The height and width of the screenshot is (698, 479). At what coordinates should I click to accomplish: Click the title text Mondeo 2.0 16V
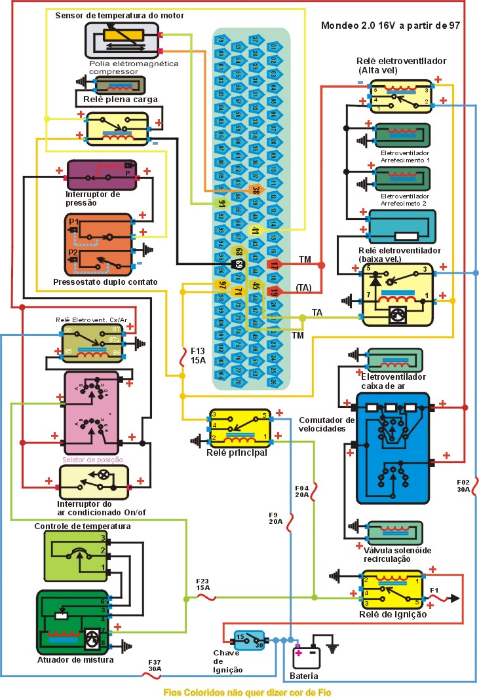[x=391, y=26]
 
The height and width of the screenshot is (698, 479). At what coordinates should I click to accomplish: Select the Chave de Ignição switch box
[x=248, y=640]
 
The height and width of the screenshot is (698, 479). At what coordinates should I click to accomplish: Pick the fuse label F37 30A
[x=155, y=665]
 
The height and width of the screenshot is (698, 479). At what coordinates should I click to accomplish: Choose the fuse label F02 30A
[x=464, y=486]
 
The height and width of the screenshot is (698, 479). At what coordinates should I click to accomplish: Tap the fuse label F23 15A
[x=203, y=584]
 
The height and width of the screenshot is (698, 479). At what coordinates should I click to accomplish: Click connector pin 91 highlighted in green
[x=221, y=203]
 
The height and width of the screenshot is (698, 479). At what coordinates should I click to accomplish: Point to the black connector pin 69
[x=239, y=265]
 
